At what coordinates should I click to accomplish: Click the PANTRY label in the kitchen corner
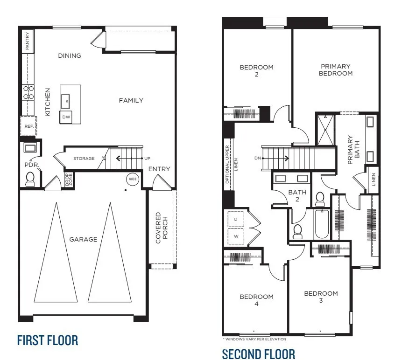click(28, 41)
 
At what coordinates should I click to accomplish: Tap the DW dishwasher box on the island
click(66, 117)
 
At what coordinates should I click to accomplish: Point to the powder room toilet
click(30, 179)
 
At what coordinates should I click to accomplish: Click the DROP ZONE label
click(68, 180)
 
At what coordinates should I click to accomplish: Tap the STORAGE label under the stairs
click(84, 159)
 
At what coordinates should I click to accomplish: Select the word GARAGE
click(83, 239)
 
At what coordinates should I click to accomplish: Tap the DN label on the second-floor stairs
click(257, 158)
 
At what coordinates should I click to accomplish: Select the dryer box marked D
click(235, 219)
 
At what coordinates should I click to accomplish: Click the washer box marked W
click(235, 235)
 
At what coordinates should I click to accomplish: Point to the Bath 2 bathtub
click(322, 224)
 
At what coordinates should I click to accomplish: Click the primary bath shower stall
click(325, 129)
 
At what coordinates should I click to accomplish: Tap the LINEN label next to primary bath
click(374, 180)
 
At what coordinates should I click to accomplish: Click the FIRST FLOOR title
click(48, 340)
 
